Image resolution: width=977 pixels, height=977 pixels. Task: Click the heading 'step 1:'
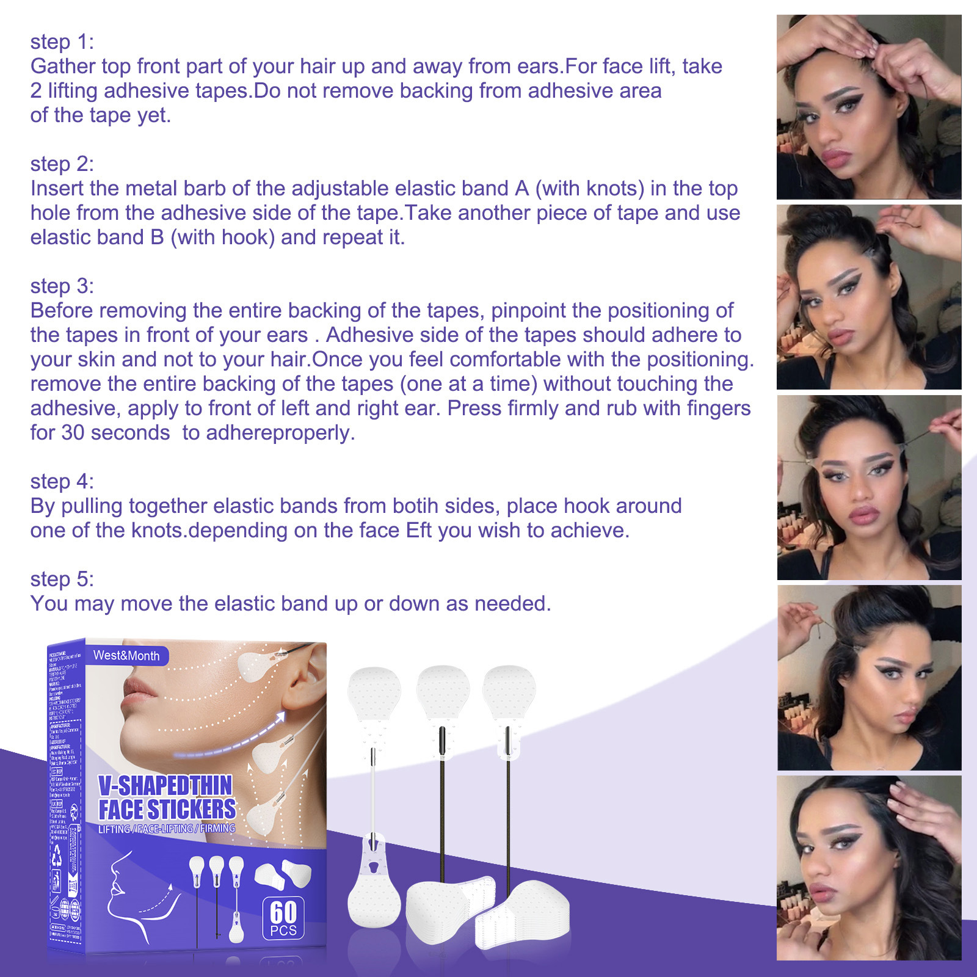click(62, 42)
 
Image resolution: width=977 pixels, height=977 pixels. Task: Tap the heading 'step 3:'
click(62, 286)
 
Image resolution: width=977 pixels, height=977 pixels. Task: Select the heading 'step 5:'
click(62, 579)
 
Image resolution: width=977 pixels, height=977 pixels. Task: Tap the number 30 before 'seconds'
click(73, 433)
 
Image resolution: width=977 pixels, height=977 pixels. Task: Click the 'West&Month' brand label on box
click(126, 656)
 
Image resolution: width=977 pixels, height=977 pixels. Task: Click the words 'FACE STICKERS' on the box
click(167, 810)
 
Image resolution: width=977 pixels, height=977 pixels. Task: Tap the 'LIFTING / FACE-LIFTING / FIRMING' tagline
click(167, 829)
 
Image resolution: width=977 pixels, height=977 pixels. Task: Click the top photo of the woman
click(869, 107)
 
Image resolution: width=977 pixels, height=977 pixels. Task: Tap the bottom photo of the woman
click(869, 868)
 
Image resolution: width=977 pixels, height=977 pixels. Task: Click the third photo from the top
click(869, 487)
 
